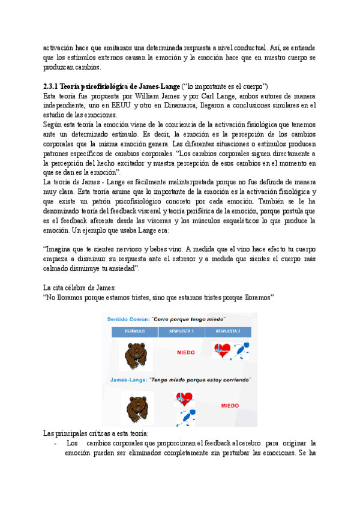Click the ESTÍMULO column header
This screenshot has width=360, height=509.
[x=134, y=331]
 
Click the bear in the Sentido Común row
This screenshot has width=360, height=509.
[x=134, y=356]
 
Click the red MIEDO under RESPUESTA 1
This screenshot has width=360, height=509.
[x=185, y=353]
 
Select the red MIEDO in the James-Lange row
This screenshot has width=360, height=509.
[x=230, y=406]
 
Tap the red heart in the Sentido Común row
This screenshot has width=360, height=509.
[x=223, y=351]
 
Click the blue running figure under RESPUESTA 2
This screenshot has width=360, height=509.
[x=241, y=351]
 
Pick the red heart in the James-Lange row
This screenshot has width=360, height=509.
[x=185, y=399]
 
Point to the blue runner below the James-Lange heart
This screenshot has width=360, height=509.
[x=185, y=417]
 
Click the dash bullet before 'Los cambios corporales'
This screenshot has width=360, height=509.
[x=56, y=444]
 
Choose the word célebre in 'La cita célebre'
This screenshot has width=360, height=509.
[x=78, y=288]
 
